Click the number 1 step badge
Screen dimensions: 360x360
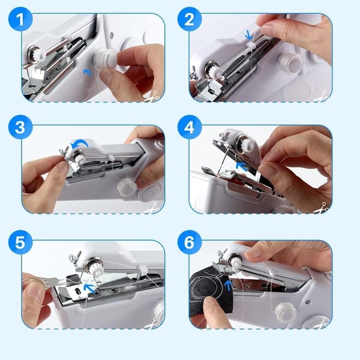[x=20, y=20]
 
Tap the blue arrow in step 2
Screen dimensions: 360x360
[x=249, y=35]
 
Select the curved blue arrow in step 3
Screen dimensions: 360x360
[x=80, y=145]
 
